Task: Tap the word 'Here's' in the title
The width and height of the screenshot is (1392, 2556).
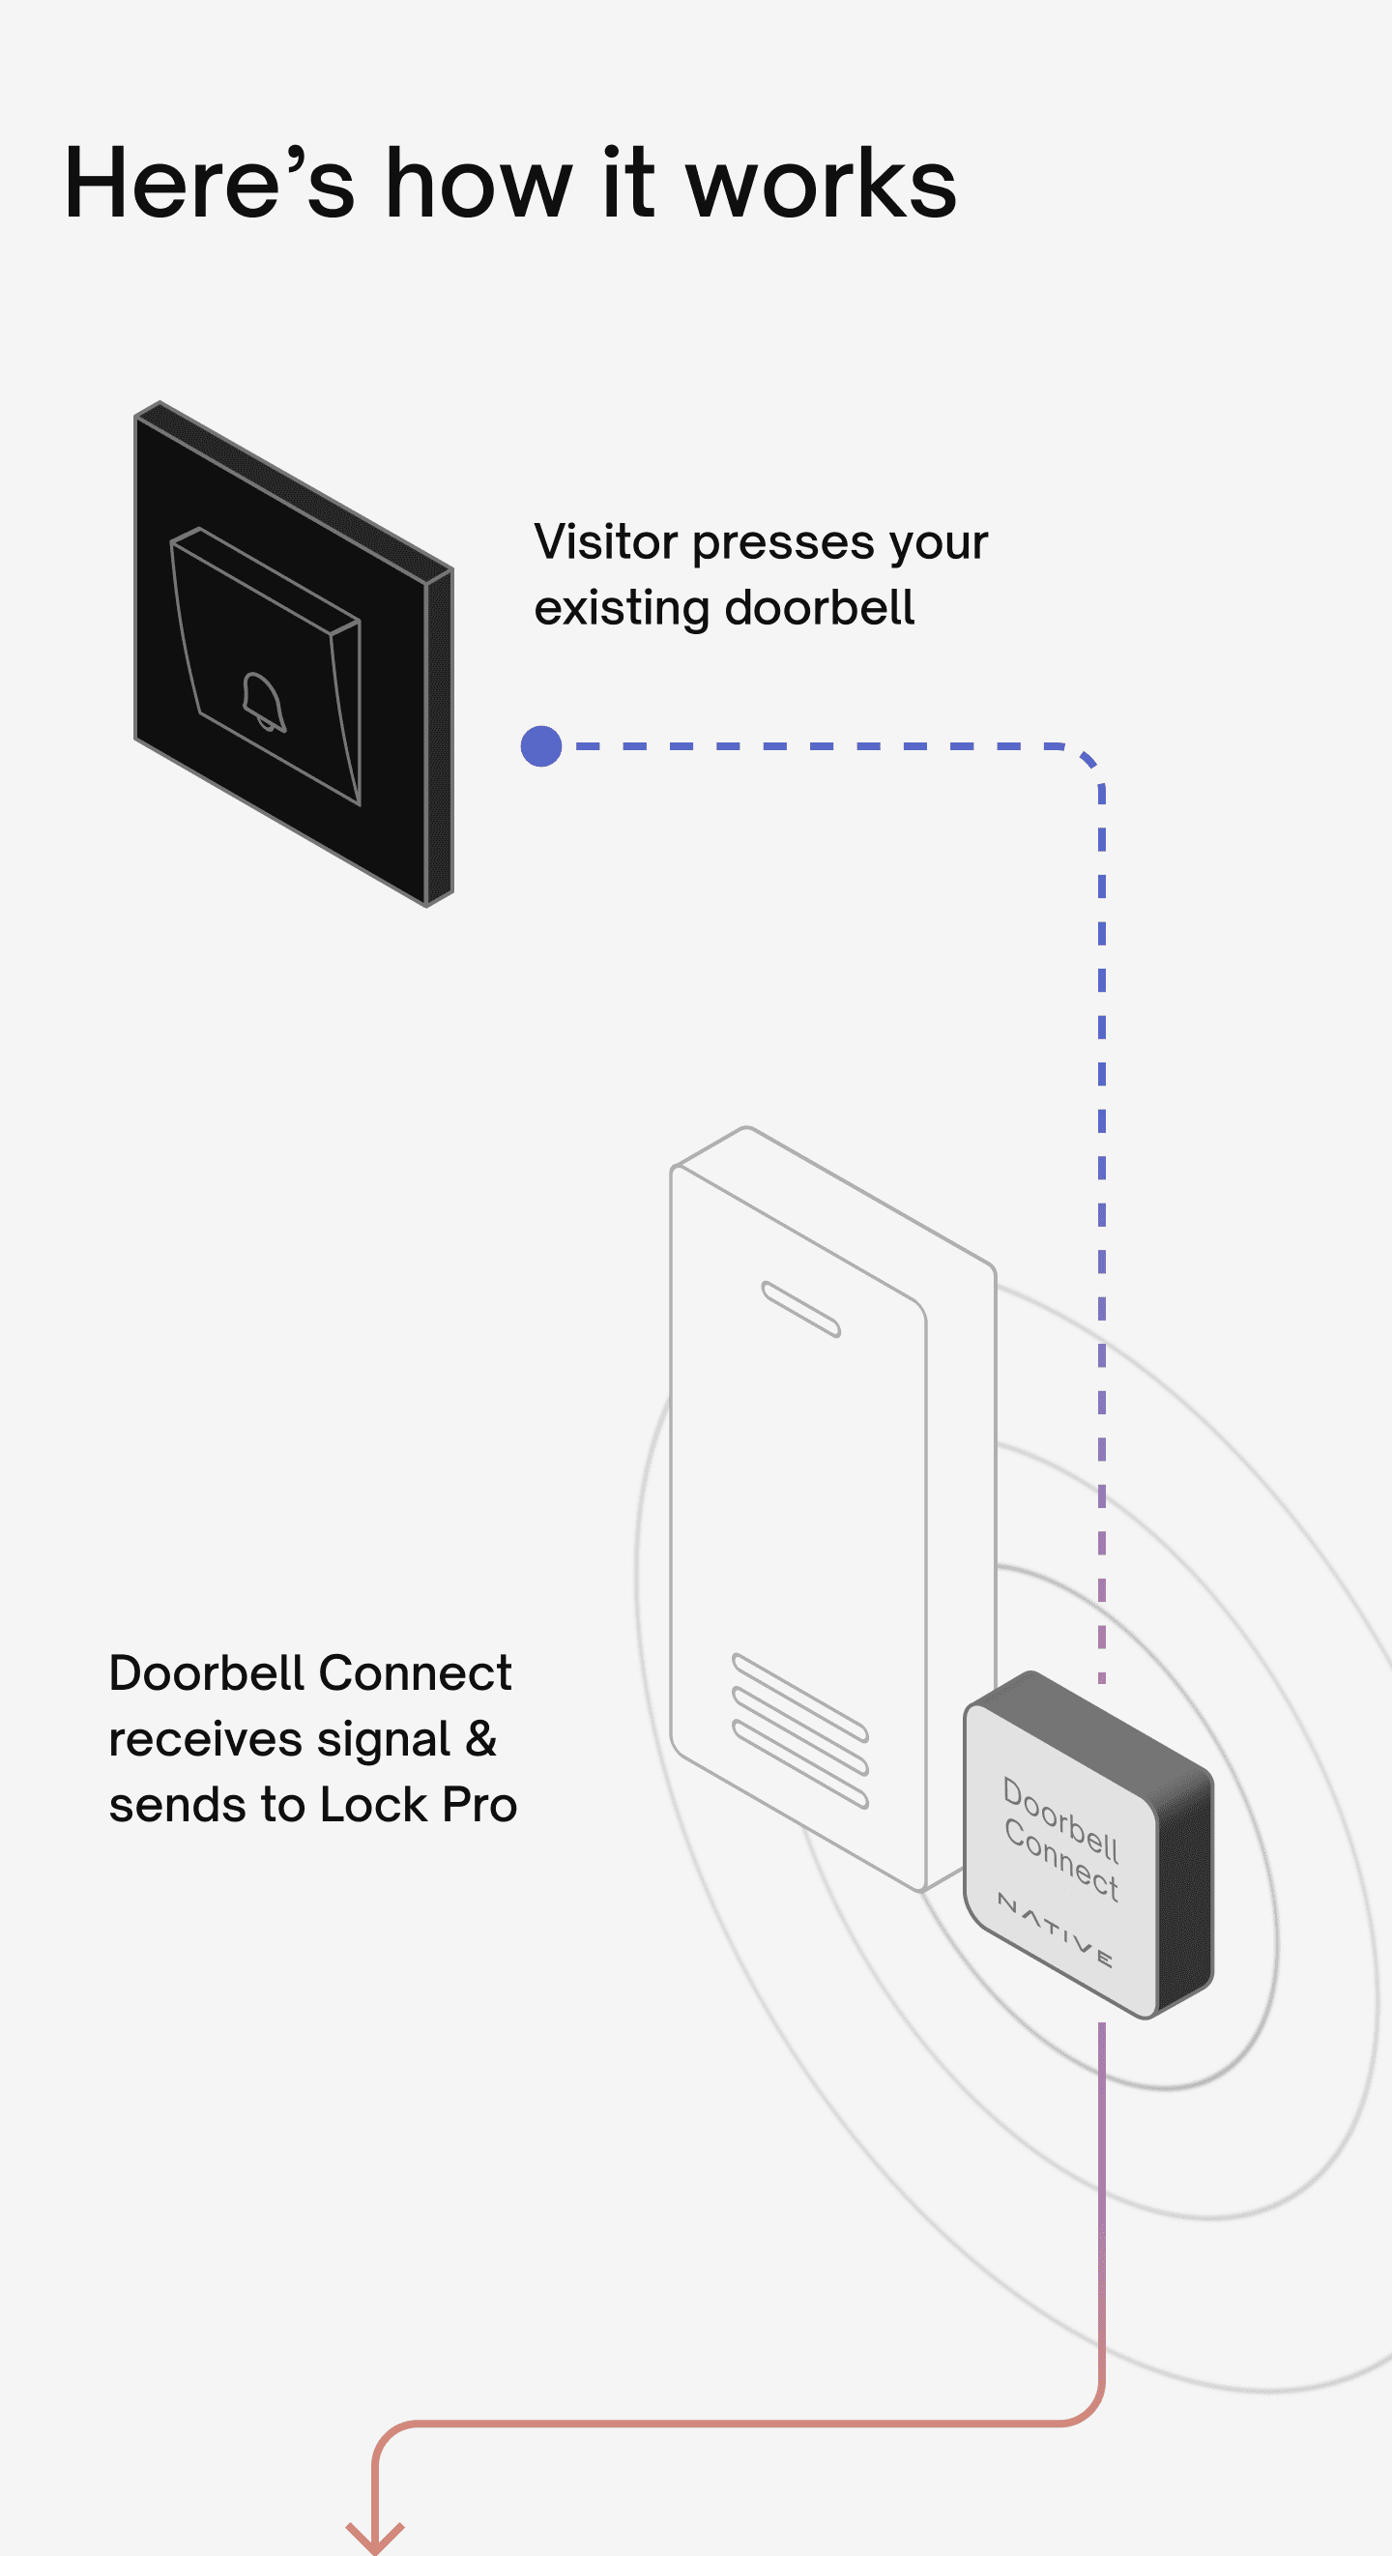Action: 210,184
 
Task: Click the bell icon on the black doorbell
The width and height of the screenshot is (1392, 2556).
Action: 264,702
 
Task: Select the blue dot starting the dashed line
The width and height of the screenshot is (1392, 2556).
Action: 540,746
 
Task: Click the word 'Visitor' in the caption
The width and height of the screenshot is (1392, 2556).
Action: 605,541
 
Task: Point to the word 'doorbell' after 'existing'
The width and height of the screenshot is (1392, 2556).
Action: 819,607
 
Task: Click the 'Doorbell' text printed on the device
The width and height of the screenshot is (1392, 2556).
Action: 1060,1818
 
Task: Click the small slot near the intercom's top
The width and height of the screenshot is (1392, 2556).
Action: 800,1309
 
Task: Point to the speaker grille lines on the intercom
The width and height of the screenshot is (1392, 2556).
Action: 799,1729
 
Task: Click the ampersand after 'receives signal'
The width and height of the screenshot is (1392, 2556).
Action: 480,1738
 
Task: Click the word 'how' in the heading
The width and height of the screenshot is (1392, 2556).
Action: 478,184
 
